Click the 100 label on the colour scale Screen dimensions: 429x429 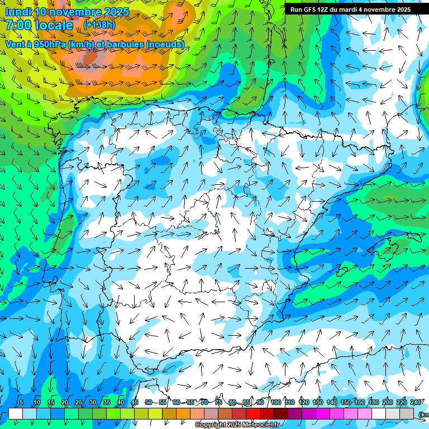tap(276, 402)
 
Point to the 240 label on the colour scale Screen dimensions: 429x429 tap(416, 402)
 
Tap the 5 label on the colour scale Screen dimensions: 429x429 tap(21, 402)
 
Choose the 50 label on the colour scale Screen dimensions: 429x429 tap(148, 402)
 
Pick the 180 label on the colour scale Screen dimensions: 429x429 tap(374, 402)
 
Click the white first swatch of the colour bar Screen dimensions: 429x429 tap(16, 413)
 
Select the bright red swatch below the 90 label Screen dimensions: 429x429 tap(253, 413)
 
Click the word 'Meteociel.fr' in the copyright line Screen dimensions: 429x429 tap(261, 425)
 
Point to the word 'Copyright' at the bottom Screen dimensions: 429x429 tap(211, 425)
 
